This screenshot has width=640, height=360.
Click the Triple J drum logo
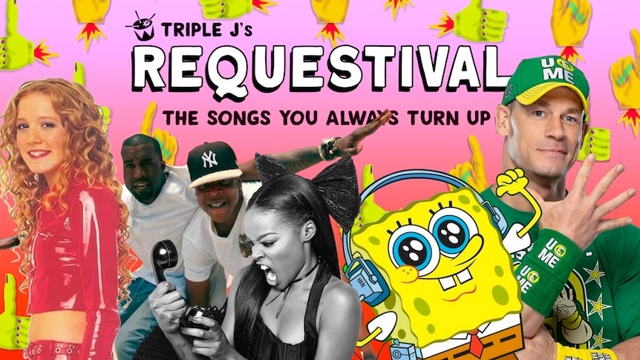tap(141, 26)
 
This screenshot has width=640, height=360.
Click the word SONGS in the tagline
tap(239, 118)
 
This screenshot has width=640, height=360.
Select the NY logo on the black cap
tap(209, 160)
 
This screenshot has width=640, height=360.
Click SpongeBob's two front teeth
tap(456, 280)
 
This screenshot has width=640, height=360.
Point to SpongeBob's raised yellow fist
tap(511, 182)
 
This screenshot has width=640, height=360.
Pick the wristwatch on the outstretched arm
tap(329, 148)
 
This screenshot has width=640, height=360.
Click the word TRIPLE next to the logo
tap(186, 30)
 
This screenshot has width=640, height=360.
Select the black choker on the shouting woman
tap(297, 276)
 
